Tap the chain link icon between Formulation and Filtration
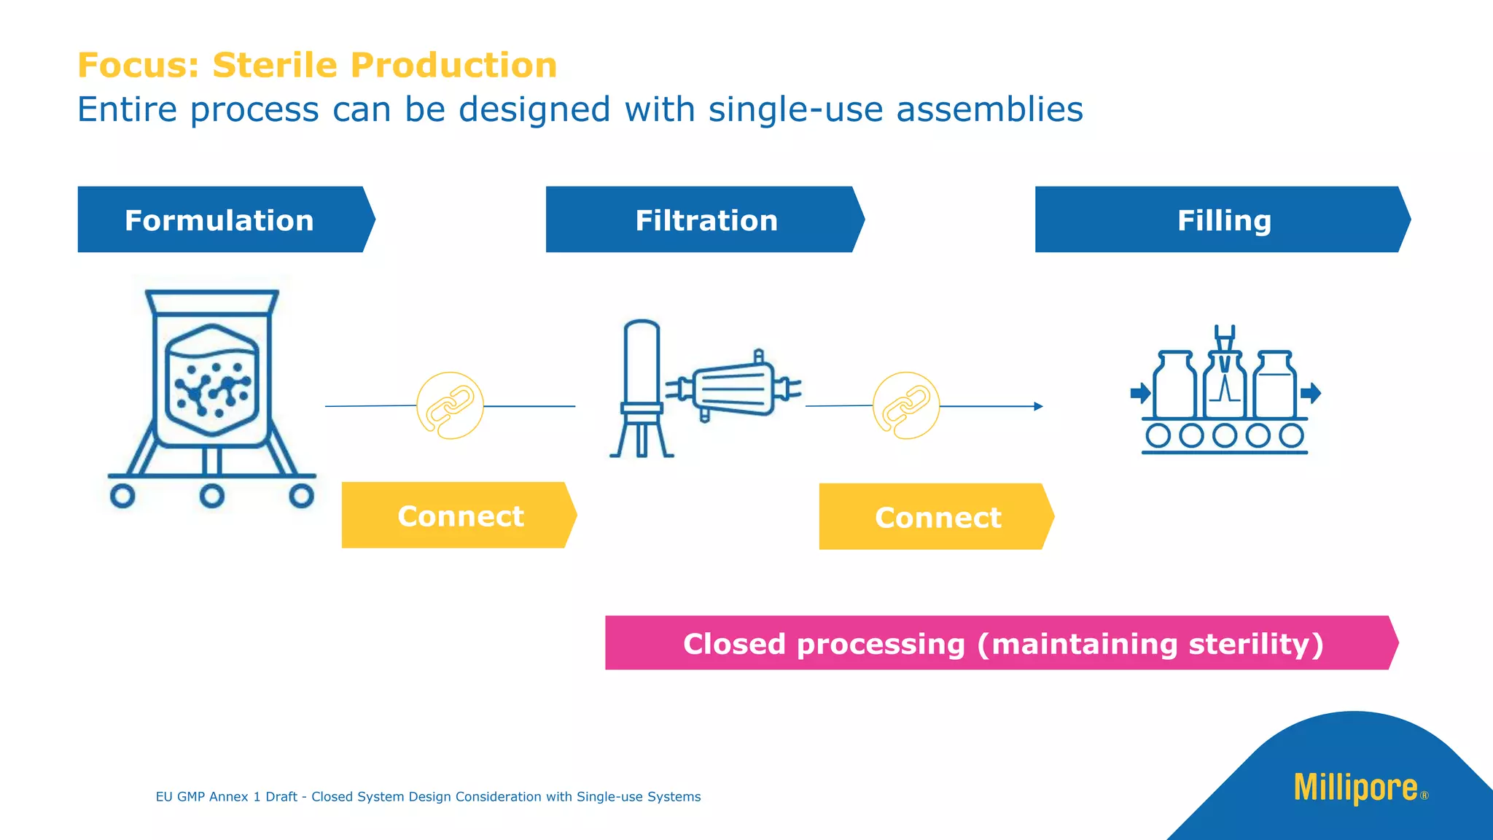coord(450,405)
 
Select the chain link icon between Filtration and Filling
coord(906,405)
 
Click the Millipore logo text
coord(1355,788)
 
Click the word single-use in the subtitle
coord(795,109)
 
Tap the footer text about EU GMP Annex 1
coord(428,796)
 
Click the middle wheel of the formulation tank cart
coord(211,497)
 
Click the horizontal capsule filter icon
coord(733,388)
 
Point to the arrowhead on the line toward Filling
coord(1038,406)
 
